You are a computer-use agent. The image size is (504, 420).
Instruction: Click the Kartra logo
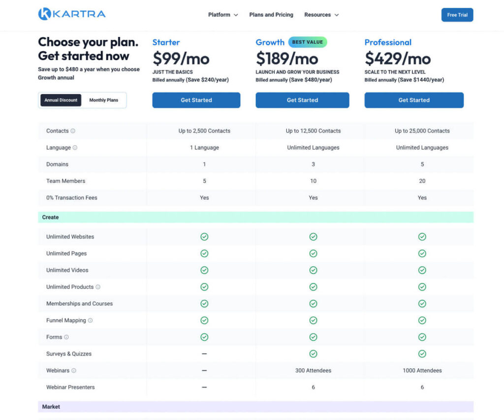[72, 14]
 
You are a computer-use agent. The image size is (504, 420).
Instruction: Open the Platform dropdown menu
[223, 15]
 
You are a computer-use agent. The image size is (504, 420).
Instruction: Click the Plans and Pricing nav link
[271, 15]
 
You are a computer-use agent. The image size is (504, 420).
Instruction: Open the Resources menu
[321, 15]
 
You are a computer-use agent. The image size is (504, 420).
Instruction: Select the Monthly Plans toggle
[103, 100]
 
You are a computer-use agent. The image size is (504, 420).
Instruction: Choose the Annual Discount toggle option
[61, 100]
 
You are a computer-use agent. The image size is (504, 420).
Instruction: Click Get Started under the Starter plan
[196, 100]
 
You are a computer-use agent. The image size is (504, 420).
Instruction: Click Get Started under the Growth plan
[302, 100]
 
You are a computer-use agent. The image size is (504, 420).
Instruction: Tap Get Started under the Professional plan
[413, 100]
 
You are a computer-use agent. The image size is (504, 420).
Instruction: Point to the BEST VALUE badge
[308, 42]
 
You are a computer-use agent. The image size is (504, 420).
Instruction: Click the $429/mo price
[398, 59]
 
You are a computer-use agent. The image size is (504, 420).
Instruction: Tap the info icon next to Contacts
[73, 131]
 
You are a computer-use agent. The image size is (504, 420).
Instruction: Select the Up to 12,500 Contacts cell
[313, 131]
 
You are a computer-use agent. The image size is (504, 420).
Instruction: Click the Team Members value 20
[422, 181]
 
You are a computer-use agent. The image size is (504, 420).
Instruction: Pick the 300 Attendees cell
[313, 370]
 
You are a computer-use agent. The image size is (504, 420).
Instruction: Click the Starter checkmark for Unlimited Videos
[204, 270]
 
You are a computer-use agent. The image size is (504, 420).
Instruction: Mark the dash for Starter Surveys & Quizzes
[204, 354]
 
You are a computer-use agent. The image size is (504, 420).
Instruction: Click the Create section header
[50, 217]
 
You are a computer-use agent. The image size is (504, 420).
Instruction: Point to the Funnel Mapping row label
[66, 321]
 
